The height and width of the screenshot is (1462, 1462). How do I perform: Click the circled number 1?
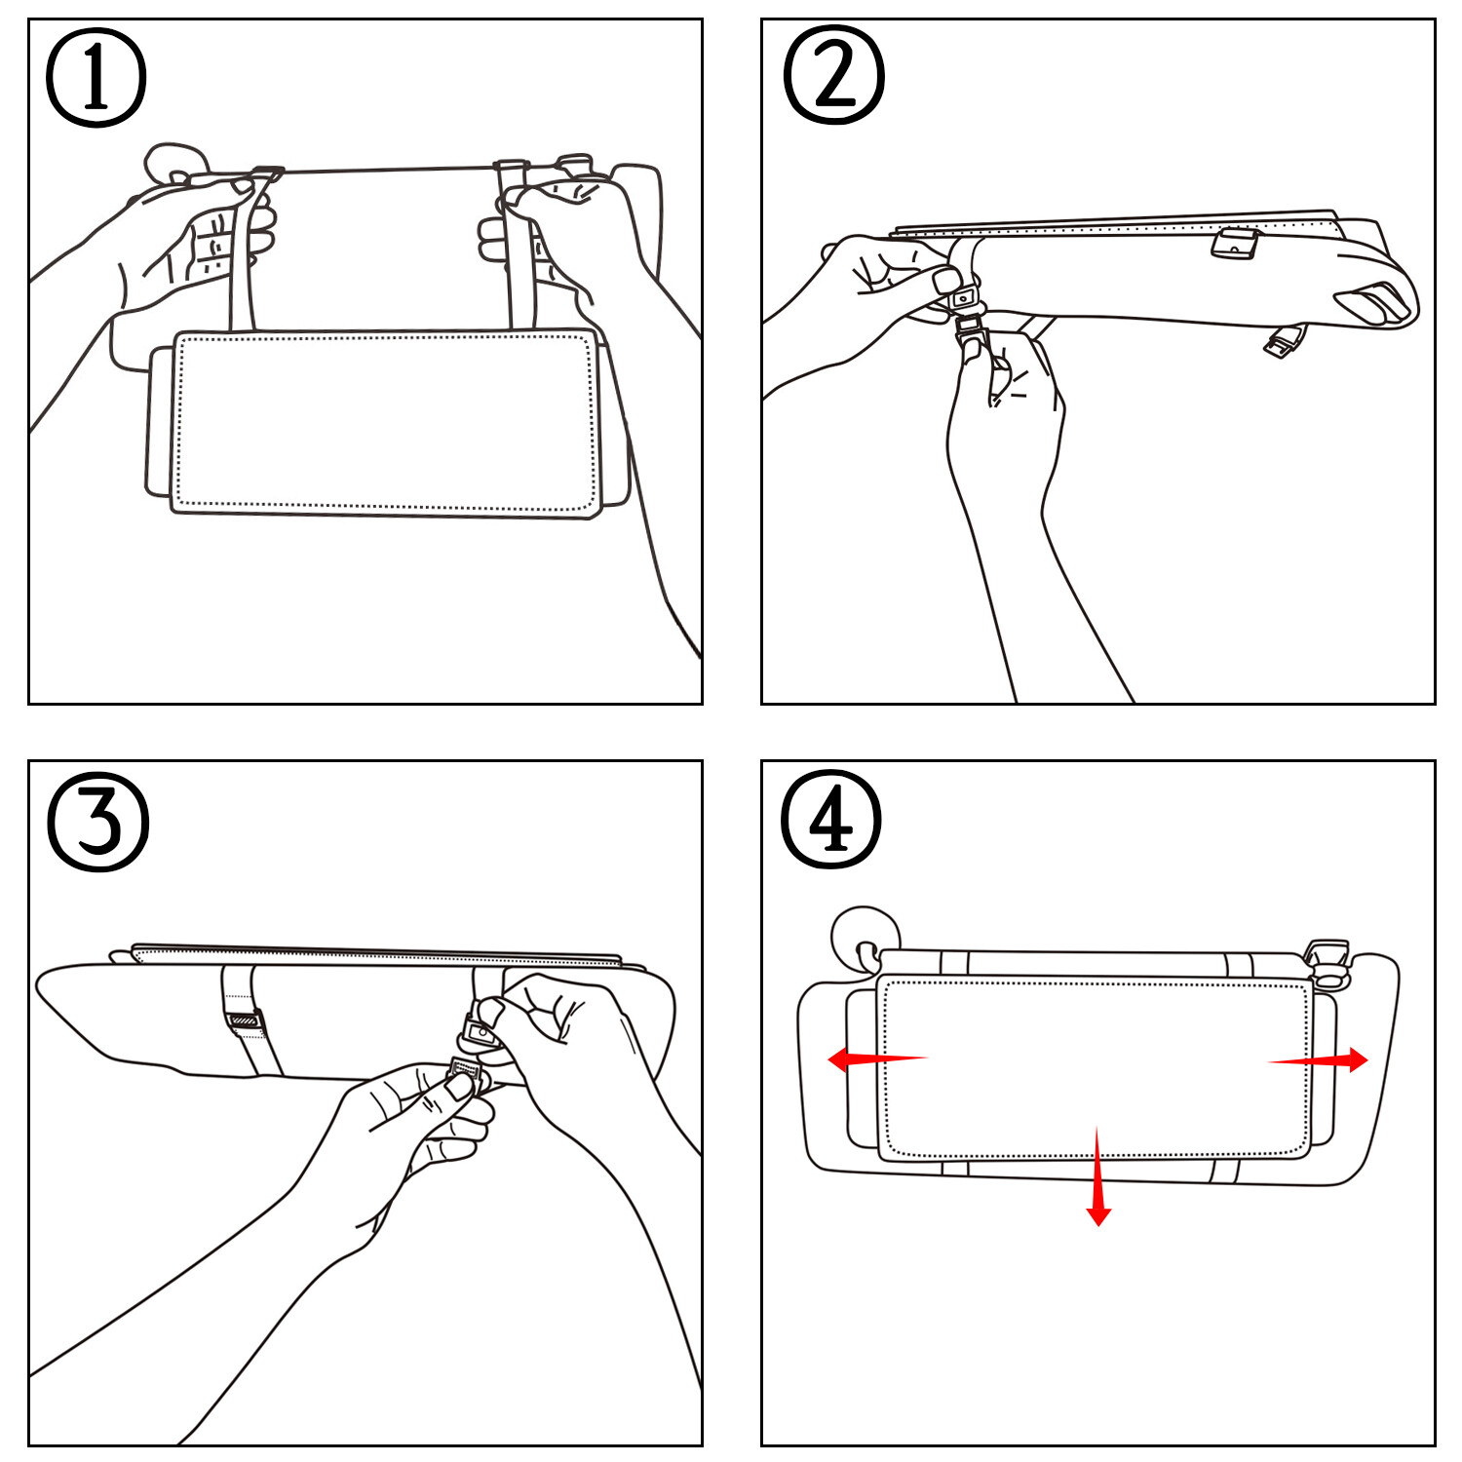[96, 78]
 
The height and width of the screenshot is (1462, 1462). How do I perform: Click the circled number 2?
[833, 76]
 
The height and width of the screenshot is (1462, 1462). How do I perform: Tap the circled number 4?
[831, 819]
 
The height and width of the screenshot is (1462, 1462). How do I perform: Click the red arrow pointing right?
[1320, 1060]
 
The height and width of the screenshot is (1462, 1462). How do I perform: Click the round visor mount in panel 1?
[175, 164]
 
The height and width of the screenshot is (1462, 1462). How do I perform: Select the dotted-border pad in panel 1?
[384, 422]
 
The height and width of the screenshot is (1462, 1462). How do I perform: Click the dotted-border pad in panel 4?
[1096, 1069]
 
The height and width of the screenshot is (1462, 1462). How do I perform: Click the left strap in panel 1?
[244, 253]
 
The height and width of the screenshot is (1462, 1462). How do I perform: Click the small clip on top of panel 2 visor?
[1235, 244]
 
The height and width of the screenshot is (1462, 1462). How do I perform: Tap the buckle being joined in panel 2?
[969, 312]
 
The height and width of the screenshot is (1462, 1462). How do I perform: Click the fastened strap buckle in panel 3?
[244, 1020]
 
